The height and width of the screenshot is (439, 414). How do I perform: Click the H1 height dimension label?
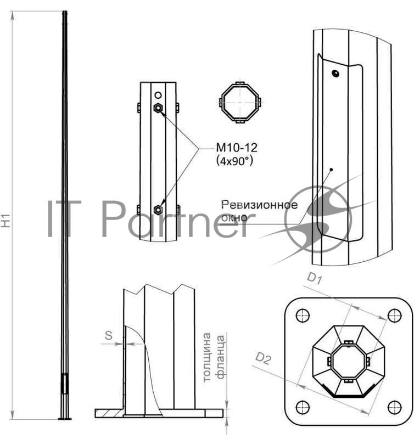pos(6,221)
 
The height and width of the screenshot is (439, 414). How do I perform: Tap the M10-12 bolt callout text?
pos(237,148)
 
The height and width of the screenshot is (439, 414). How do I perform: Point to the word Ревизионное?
pos(259,205)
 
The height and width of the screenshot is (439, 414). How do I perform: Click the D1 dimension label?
pos(315,278)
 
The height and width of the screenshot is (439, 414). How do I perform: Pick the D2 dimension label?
pos(263,359)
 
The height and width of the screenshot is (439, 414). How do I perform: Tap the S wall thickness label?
pos(109,335)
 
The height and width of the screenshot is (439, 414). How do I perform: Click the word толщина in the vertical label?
pos(206,357)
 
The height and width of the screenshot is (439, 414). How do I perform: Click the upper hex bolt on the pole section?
pos(158,108)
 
